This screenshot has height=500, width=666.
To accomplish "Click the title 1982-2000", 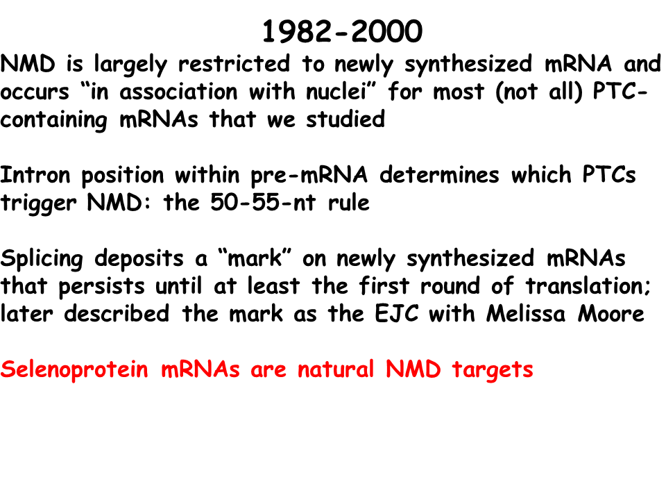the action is [342, 31].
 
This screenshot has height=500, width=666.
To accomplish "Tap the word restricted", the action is [234, 63].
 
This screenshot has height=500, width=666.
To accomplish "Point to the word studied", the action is [345, 119].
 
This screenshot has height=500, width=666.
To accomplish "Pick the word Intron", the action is [35, 175].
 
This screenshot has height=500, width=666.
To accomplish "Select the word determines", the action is [439, 175].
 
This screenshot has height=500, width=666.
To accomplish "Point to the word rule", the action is [349, 202].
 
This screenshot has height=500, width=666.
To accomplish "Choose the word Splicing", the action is [42, 259].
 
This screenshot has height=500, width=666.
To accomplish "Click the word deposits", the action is [139, 259].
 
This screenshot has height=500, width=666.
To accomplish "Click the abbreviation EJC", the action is [397, 314].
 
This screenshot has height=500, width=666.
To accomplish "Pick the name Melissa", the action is [526, 314].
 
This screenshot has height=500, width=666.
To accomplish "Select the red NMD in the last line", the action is [413, 369].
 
